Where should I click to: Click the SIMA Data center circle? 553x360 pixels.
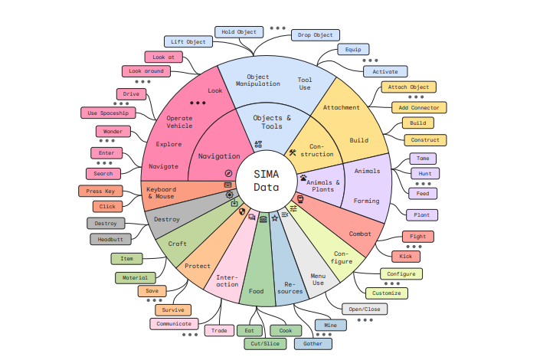pos(267,182)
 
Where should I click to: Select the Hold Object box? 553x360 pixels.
pos(239,31)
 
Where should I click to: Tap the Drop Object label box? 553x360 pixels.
pos(315,35)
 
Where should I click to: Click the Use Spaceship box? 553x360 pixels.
pos(108,113)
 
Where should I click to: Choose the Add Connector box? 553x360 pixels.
pos(419,107)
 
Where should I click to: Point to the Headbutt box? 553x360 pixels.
pos(110,239)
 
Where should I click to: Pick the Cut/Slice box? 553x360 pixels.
pos(265,343)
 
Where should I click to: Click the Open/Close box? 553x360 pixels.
pos(365,309)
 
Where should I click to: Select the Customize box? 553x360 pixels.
pos(387,293)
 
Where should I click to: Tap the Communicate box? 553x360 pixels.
pos(174,324)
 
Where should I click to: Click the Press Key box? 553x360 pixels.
pos(100,191)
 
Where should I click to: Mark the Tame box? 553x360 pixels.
pos(423,159)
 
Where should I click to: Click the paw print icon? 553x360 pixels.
pos(303,178)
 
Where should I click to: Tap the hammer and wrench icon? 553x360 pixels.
pos(293,152)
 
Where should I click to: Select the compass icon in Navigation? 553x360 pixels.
pos(228,173)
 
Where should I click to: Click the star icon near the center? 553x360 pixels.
pos(275,218)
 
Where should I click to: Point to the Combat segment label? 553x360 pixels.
pos(360,234)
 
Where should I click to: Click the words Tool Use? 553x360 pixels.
pos(304,83)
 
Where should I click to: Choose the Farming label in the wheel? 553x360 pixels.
pos(366,201)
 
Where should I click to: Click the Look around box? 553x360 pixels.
pos(146,71)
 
